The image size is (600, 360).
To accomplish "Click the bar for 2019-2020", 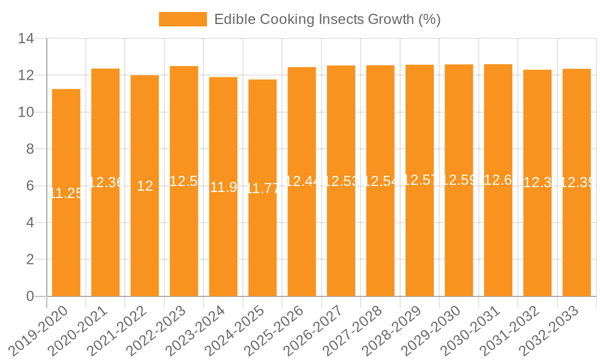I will pos(66,240).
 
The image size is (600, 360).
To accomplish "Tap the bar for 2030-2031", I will pos(498,240).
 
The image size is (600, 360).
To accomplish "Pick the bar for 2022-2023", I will pos(184,240).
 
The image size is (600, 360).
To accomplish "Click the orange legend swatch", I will pos(182,19).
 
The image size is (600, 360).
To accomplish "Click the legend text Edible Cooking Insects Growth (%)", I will pos(328,19).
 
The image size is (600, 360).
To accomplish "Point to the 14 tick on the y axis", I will pos(26,39).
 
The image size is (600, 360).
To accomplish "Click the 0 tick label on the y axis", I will pos(31,296).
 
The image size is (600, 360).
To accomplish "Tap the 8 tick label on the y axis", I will pos(31,149).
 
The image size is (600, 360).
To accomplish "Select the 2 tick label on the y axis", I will pos(31,260).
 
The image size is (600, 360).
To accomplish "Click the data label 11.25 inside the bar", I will pos(66,193).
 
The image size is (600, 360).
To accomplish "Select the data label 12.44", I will pos(302,182).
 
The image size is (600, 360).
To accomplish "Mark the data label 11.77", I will pos(262,188).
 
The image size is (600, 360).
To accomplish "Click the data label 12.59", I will pos(458,181).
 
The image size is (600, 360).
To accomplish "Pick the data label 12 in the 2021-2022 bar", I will pos(145,186).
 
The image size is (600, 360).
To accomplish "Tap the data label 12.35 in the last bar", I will pos(577,183).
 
